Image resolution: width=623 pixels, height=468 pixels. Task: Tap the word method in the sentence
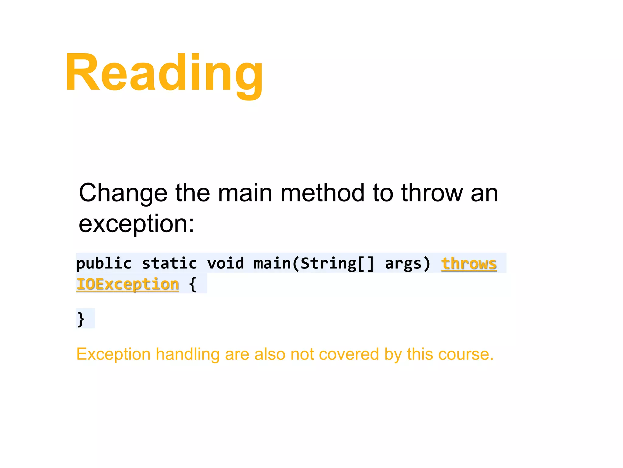322,193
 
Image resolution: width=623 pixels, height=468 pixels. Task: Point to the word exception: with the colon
136,224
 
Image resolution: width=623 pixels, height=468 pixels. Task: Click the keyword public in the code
104,264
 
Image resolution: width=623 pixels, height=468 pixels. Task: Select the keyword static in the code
169,264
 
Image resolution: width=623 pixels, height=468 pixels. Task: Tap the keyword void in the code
225,264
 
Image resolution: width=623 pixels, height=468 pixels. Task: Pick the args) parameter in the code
408,264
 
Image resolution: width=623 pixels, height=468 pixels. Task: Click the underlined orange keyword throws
469,264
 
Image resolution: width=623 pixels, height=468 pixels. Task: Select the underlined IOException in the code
127,284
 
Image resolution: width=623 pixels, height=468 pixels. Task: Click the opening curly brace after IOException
193,284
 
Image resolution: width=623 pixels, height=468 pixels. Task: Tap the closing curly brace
81,319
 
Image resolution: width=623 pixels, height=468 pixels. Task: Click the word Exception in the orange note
113,354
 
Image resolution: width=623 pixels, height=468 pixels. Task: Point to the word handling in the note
187,354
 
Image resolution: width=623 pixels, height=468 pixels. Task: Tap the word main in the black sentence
245,193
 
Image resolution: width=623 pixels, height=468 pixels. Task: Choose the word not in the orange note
302,354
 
